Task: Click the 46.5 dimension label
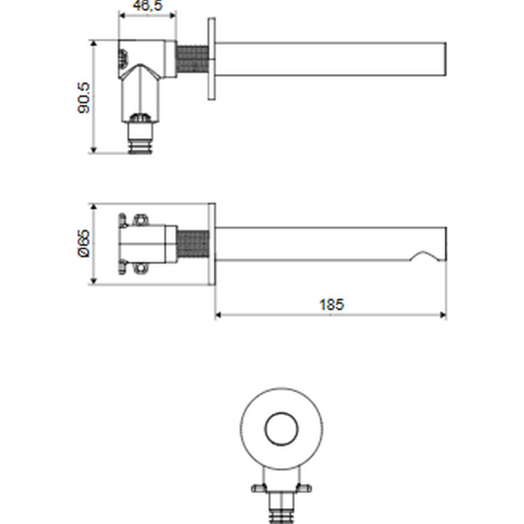pyautogui.click(x=148, y=5)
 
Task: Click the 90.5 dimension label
pyautogui.click(x=83, y=98)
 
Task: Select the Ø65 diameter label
pyautogui.click(x=83, y=243)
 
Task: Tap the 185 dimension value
pyautogui.click(x=331, y=304)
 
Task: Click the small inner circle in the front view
pyautogui.click(x=282, y=429)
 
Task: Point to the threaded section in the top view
pyautogui.click(x=193, y=59)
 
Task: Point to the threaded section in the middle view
pyautogui.click(x=193, y=247)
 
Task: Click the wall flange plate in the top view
pyautogui.click(x=212, y=59)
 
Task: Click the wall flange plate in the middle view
pyautogui.click(x=212, y=244)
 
